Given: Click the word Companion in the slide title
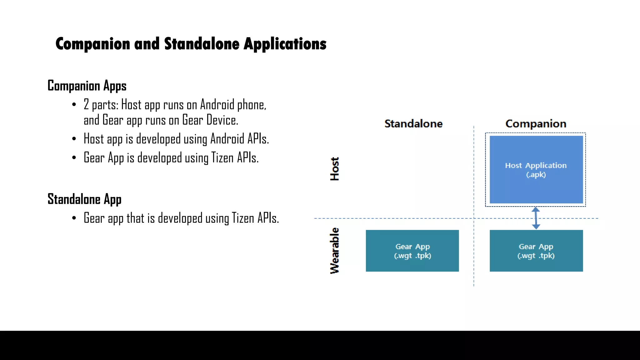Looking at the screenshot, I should [x=93, y=44].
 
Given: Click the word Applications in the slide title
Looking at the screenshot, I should [x=285, y=44].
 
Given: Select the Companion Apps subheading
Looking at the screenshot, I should [x=87, y=86].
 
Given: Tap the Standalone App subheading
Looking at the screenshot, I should [x=84, y=199].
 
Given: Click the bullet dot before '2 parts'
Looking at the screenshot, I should [x=74, y=105].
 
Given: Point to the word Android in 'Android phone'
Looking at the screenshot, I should [x=217, y=105].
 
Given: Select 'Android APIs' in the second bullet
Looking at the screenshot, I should [x=239, y=139].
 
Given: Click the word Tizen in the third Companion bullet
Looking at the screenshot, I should [x=222, y=158].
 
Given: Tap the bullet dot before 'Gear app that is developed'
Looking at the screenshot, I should [x=74, y=218].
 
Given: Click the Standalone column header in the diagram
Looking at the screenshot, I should [x=413, y=124].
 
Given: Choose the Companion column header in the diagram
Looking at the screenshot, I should [x=536, y=124].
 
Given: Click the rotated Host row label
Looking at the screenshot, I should [x=334, y=169].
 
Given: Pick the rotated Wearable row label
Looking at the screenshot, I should [x=334, y=251].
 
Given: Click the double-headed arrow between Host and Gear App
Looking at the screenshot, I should [x=536, y=218].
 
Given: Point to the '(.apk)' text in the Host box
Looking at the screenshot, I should [x=536, y=175].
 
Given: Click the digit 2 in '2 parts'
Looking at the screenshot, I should [x=87, y=105].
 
